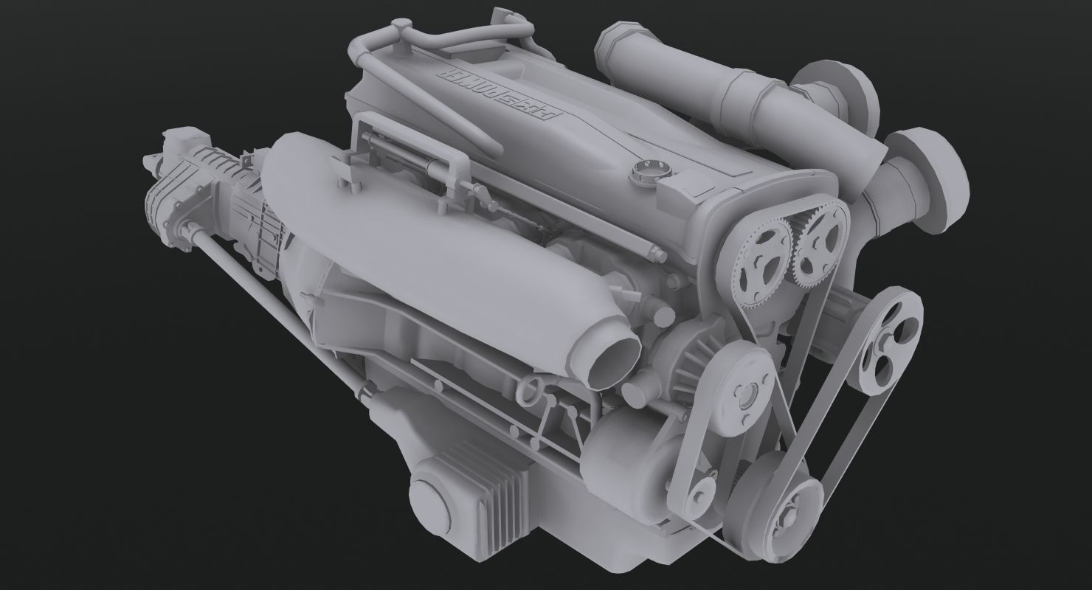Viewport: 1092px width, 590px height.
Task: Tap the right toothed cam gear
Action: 818,237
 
